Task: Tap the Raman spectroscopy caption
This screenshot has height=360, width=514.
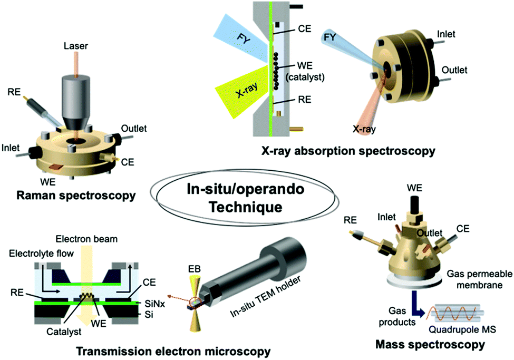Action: pyautogui.click(x=74, y=196)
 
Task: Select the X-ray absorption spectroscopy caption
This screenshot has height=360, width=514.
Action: pyautogui.click(x=348, y=151)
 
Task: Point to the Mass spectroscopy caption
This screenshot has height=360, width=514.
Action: pyautogui.click(x=431, y=345)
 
